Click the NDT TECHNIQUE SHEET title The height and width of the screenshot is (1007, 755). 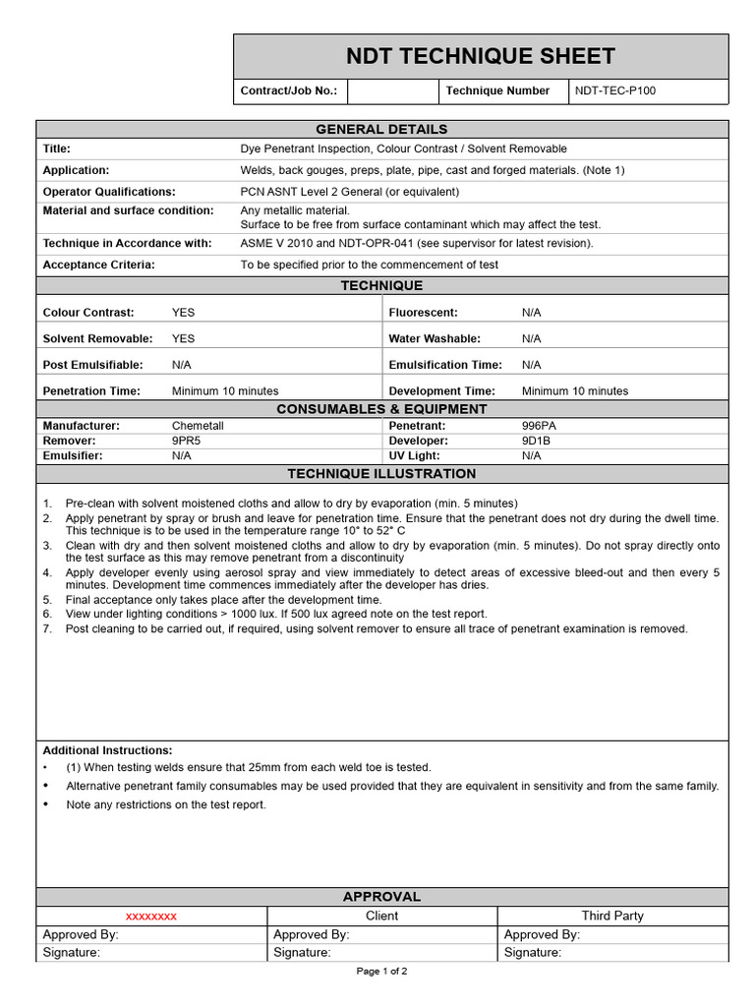(481, 56)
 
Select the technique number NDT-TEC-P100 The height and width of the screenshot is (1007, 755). (615, 90)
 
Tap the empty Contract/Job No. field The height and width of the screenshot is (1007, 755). (392, 90)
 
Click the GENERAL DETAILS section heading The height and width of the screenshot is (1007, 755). (381, 129)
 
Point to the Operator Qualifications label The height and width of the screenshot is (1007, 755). (109, 192)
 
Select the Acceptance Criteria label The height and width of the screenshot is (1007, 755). (99, 265)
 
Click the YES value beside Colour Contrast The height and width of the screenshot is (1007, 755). (184, 313)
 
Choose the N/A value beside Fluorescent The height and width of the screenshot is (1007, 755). (532, 313)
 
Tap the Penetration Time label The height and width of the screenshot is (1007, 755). (91, 390)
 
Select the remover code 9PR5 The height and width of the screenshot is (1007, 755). (187, 441)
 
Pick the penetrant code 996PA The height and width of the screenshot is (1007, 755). (539, 426)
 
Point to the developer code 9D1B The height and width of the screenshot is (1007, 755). (538, 441)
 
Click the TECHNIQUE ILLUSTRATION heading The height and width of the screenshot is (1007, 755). (381, 474)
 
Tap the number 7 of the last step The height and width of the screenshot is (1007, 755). (46, 628)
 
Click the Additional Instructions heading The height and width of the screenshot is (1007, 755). (108, 750)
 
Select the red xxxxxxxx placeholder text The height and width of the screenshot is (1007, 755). (151, 916)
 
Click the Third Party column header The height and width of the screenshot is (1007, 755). (612, 916)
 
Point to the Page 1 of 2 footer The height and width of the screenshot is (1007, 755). (381, 972)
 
